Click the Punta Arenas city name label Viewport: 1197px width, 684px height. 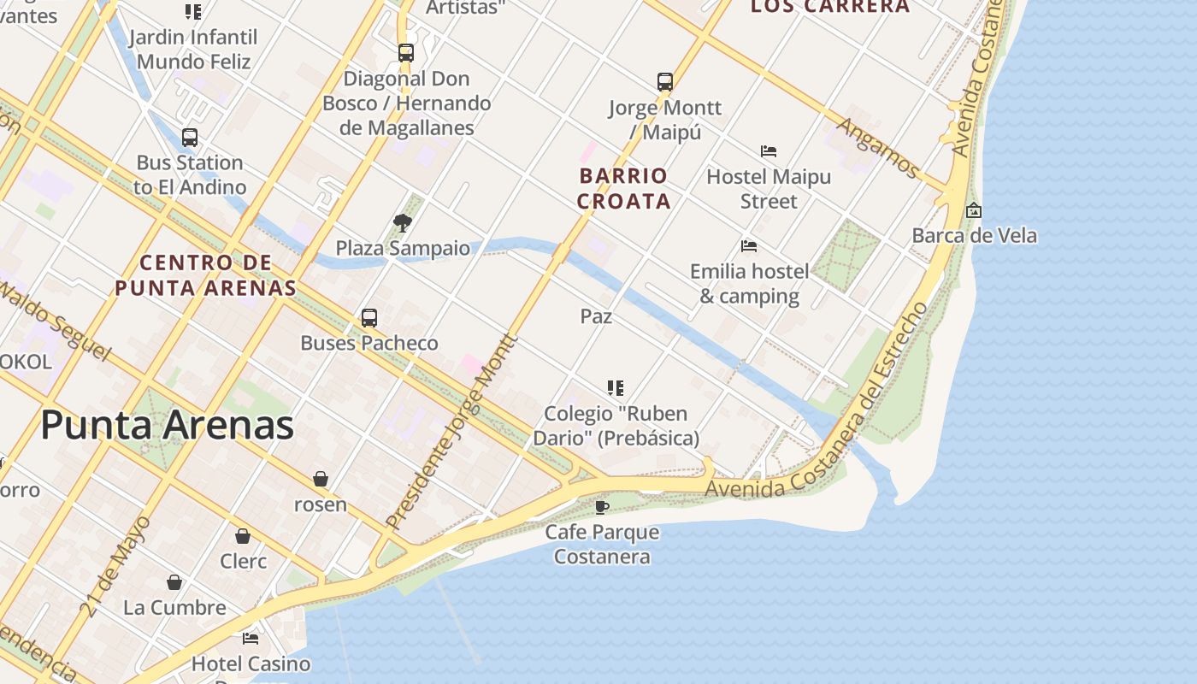168,426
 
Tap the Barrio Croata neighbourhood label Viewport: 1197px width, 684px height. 622,189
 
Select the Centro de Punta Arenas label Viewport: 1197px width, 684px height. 205,275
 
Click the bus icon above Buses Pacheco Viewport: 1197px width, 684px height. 369,318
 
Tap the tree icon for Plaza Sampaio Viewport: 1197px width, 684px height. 402,224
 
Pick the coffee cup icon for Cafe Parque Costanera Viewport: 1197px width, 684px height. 602,507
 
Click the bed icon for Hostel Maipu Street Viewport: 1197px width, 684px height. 769,152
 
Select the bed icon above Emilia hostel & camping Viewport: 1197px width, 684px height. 749,247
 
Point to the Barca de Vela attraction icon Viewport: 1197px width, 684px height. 973,210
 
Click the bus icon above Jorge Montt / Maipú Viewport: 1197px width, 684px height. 665,82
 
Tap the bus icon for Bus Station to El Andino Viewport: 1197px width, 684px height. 190,138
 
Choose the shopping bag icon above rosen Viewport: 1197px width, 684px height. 321,479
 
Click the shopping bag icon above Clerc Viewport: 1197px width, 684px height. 243,536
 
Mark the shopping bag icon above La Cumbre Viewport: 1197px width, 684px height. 174,582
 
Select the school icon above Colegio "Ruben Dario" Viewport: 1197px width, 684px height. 616,388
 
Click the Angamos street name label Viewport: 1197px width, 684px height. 877,147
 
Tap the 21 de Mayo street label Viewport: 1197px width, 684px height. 116,566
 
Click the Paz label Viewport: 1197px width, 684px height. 596,316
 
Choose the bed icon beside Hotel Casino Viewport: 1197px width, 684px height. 251,639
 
